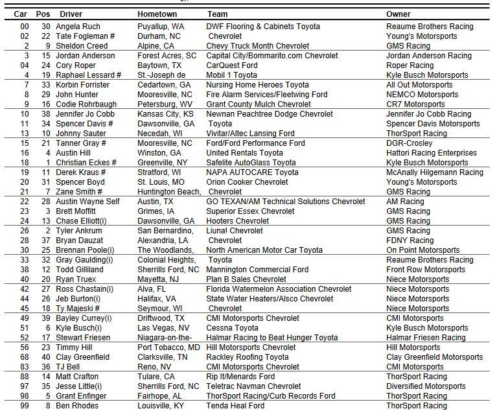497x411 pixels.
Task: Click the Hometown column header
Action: (x=157, y=14)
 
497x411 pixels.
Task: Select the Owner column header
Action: (x=399, y=14)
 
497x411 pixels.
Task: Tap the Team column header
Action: (x=217, y=14)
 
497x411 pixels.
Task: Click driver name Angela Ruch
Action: (x=78, y=27)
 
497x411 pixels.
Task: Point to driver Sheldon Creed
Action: (x=81, y=46)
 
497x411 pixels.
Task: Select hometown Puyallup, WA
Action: (x=161, y=27)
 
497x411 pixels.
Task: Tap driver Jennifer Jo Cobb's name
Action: (x=86, y=114)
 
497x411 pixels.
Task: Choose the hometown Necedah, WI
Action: (x=161, y=134)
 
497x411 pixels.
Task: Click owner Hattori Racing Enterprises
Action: (x=430, y=153)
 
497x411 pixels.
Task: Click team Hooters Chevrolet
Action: (x=238, y=221)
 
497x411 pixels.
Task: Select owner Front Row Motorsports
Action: (x=426, y=270)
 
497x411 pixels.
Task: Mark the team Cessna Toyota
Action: (x=232, y=328)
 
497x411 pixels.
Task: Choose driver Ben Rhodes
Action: (x=77, y=406)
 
